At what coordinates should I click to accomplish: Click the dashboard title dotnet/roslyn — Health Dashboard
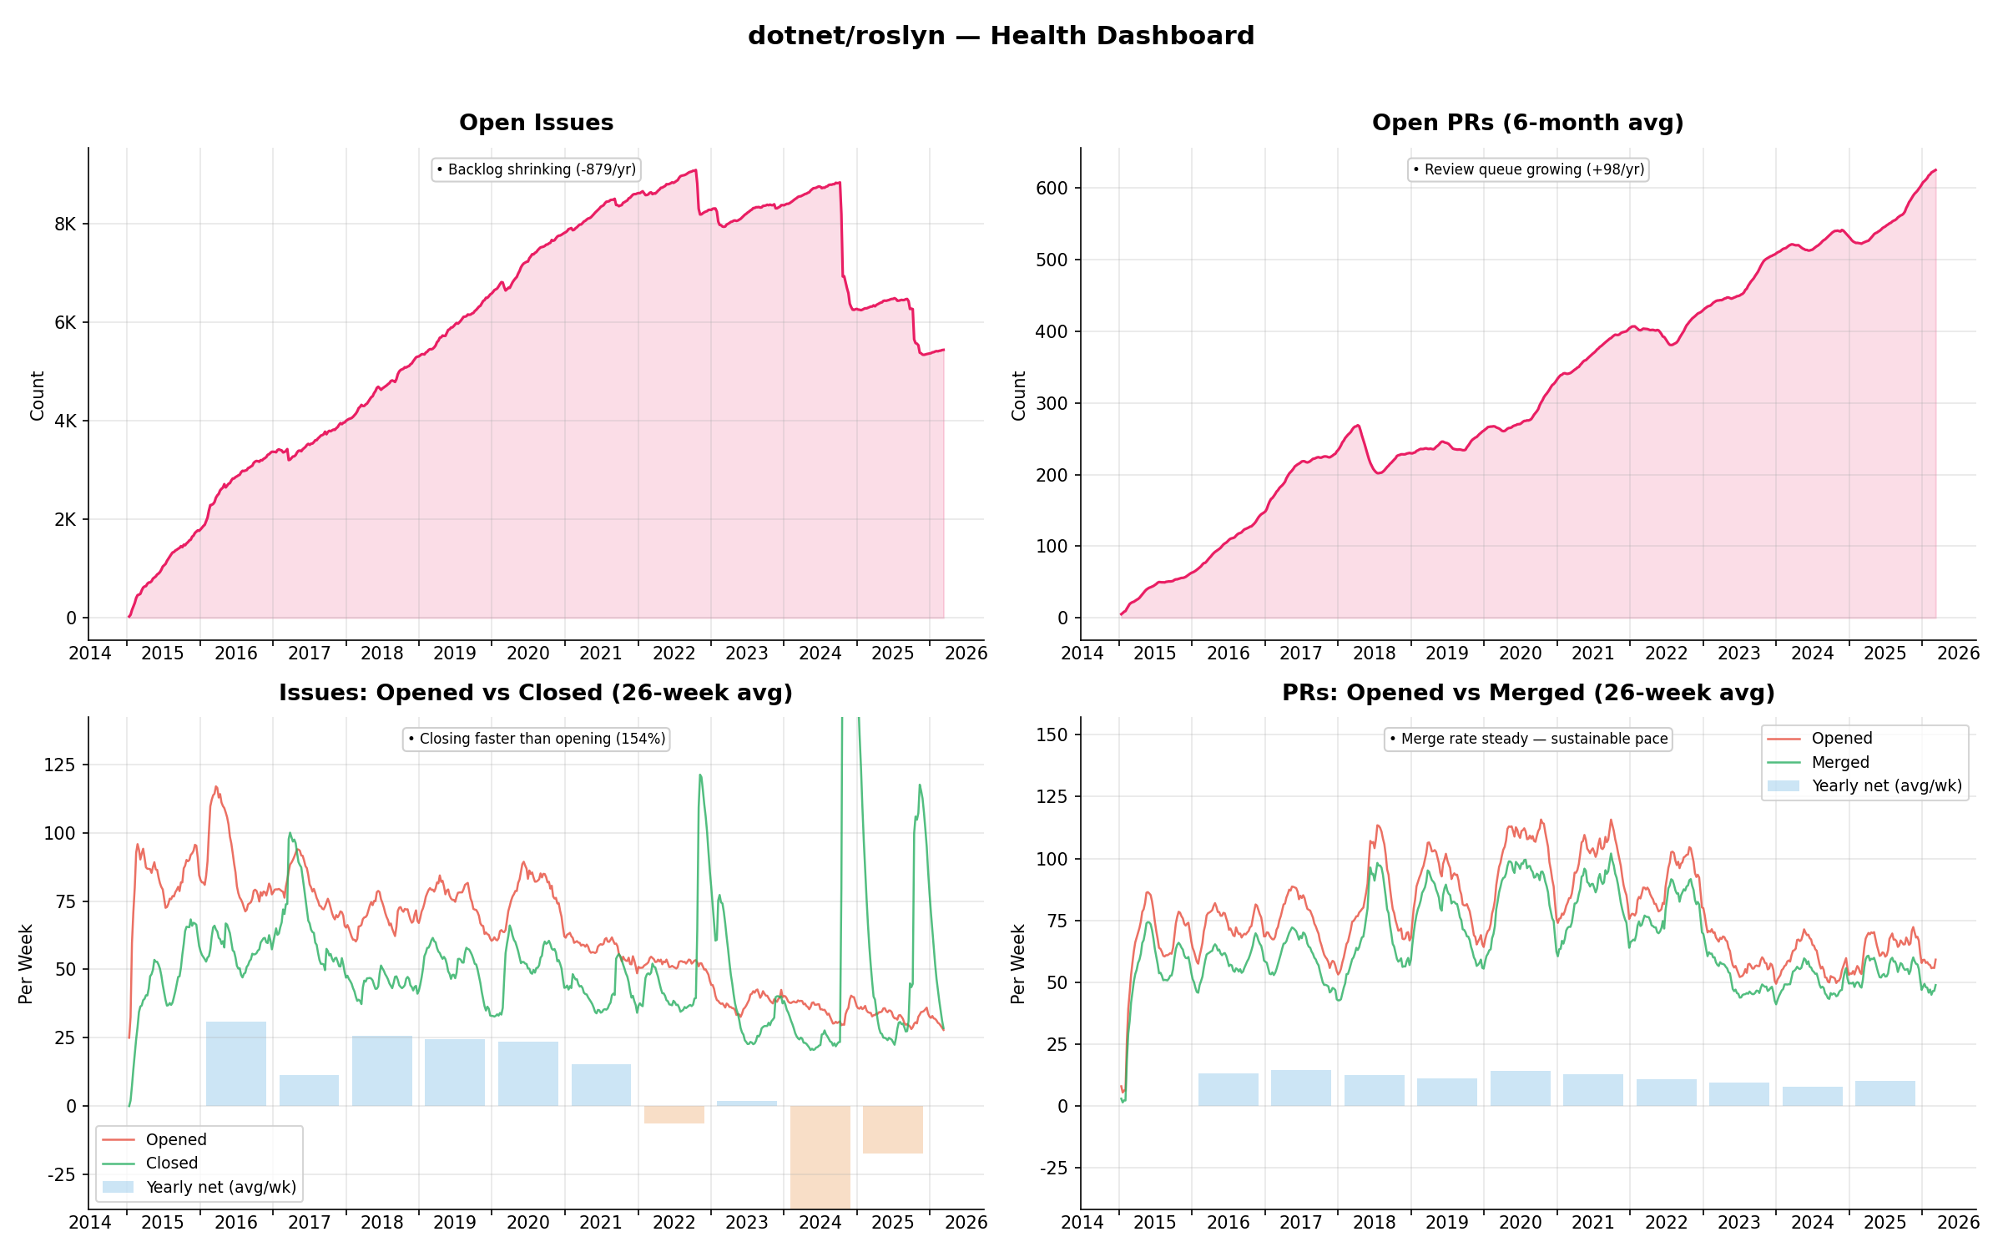coord(1001,36)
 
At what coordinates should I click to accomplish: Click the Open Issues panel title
coord(536,123)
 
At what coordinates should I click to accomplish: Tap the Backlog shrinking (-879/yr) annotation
coord(536,169)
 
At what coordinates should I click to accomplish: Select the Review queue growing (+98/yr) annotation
coord(1528,169)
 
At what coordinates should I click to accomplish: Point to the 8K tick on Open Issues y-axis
coord(65,224)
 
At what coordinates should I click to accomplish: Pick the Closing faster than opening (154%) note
coord(536,739)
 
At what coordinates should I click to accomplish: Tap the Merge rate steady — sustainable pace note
coord(1528,739)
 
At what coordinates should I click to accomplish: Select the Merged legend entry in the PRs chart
coord(1839,762)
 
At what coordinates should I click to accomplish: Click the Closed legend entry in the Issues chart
coord(171,1163)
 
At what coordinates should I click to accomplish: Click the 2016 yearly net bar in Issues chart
coord(236,1063)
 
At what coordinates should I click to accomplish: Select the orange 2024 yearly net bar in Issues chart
coord(820,1156)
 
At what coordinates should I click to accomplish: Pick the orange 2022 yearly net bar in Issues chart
coord(674,1114)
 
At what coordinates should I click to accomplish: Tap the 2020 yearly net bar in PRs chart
coord(1520,1088)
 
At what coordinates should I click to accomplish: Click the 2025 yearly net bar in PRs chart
coord(1884,1093)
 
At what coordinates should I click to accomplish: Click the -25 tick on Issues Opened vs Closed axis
coord(62,1174)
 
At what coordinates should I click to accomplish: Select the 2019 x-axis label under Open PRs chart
coord(1446,654)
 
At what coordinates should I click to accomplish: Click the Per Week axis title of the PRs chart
coord(1017,963)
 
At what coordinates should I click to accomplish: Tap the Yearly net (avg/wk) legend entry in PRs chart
coord(1886,785)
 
